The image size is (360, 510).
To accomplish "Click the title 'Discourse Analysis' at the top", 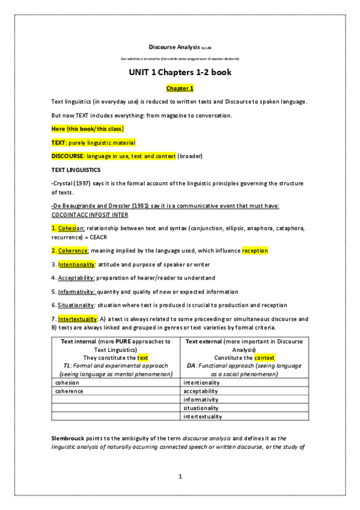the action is [x=173, y=46].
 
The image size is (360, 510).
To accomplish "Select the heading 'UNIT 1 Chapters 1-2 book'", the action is [x=180, y=73].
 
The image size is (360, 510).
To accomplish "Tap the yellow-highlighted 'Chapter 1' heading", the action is [x=180, y=88].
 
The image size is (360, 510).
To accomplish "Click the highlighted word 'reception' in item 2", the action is [x=255, y=250].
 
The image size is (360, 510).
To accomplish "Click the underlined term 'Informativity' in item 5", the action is [x=76, y=292].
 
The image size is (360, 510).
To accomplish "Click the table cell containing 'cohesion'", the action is [x=115, y=382].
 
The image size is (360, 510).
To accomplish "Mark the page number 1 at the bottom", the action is [x=180, y=476].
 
